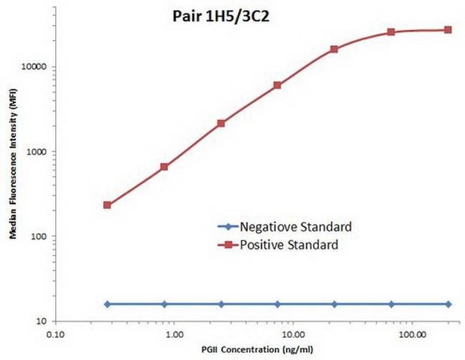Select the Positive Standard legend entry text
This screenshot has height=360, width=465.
coord(291,245)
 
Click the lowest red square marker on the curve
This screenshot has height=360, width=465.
coord(107,205)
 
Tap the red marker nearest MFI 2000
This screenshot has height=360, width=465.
coord(221,123)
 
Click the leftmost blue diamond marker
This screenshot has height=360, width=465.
coord(107,304)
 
